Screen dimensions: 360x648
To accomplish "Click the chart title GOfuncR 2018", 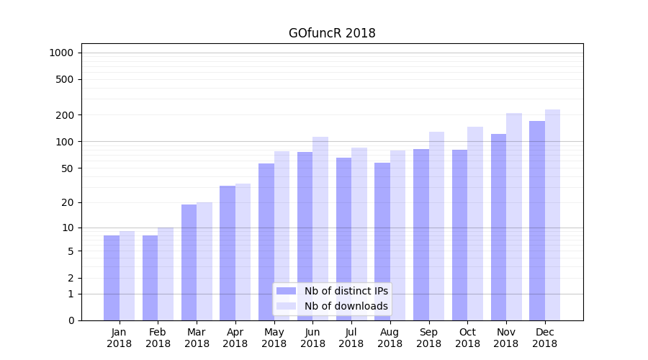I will pos(332,33).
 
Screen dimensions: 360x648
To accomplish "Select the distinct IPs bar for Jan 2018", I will pos(112,278).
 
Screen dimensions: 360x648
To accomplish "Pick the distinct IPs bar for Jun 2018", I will pos(305,236).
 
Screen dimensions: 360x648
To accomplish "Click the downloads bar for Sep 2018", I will pos(436,226).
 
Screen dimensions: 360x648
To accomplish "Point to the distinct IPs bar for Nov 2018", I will pos(498,227).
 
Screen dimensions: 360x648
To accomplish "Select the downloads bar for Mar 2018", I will pos(204,261).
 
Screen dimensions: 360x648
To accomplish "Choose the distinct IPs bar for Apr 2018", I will pos(228,253).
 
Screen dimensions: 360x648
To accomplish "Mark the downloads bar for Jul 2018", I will pos(359,234).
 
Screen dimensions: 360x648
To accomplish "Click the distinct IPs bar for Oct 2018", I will pos(459,235).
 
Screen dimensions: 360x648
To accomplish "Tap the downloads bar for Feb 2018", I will pos(166,274).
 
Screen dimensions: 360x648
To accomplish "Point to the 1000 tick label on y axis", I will pos(61,53).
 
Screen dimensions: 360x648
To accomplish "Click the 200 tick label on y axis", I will pos(64,115).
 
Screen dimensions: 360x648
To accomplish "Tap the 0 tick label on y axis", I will pos(71,320).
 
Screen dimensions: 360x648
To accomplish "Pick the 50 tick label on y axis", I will pos(66,168).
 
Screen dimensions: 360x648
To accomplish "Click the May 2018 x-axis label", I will pos(274,338).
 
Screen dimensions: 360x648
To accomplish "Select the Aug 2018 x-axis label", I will pos(390,338).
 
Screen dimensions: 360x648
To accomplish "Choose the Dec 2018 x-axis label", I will pos(544,338).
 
